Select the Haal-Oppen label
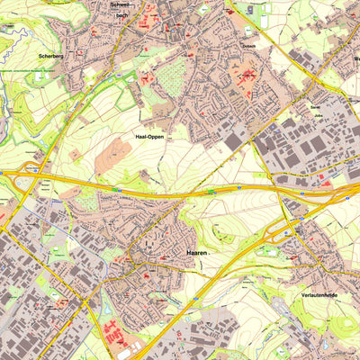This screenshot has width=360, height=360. pos(149,137)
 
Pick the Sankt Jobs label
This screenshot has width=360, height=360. pos(317,111)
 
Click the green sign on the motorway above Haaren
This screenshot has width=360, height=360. pos(211,191)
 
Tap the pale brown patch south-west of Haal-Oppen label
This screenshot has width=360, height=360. pos(112,157)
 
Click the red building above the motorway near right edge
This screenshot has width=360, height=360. pos(326,183)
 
